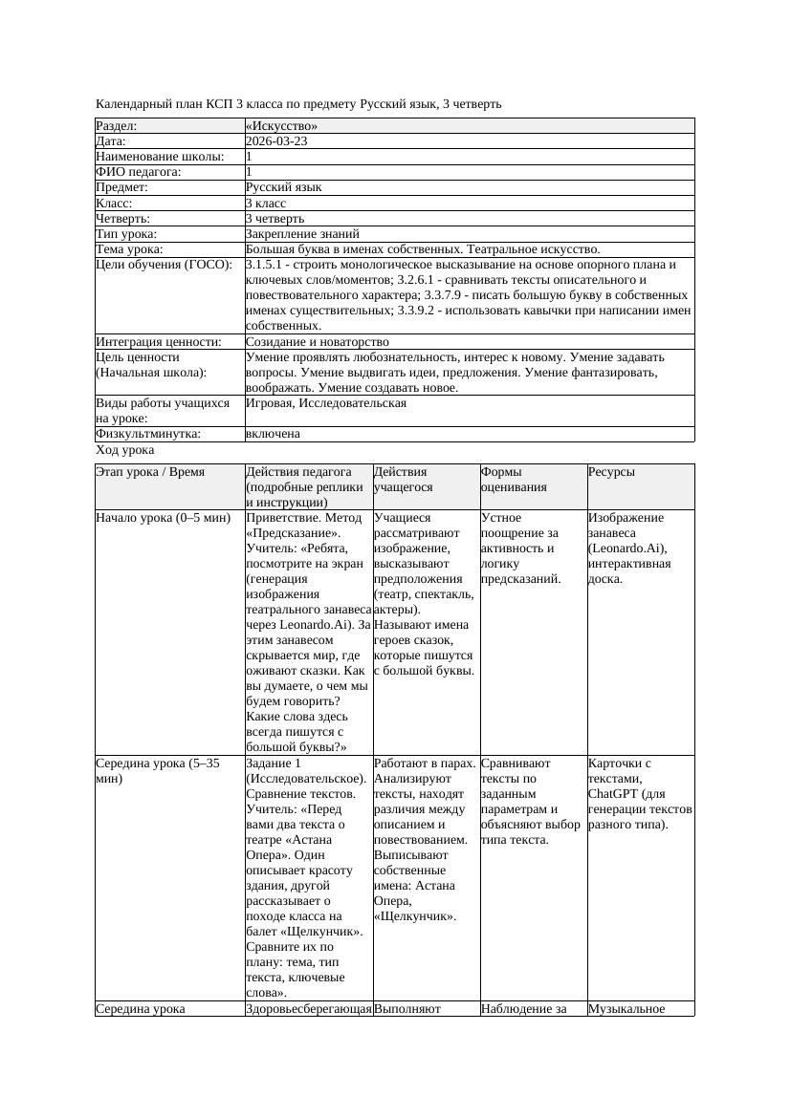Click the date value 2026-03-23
pos(276,141)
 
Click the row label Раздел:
pos(117,126)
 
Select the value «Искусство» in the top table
pos(281,126)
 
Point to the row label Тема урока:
pos(129,249)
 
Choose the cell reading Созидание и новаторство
pos(317,342)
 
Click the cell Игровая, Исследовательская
pos(325,403)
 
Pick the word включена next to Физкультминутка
pos(273,434)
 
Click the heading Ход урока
pos(125,450)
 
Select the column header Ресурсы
pos(611,472)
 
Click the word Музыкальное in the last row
pos(626,1008)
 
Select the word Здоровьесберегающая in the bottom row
pos(308,1008)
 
